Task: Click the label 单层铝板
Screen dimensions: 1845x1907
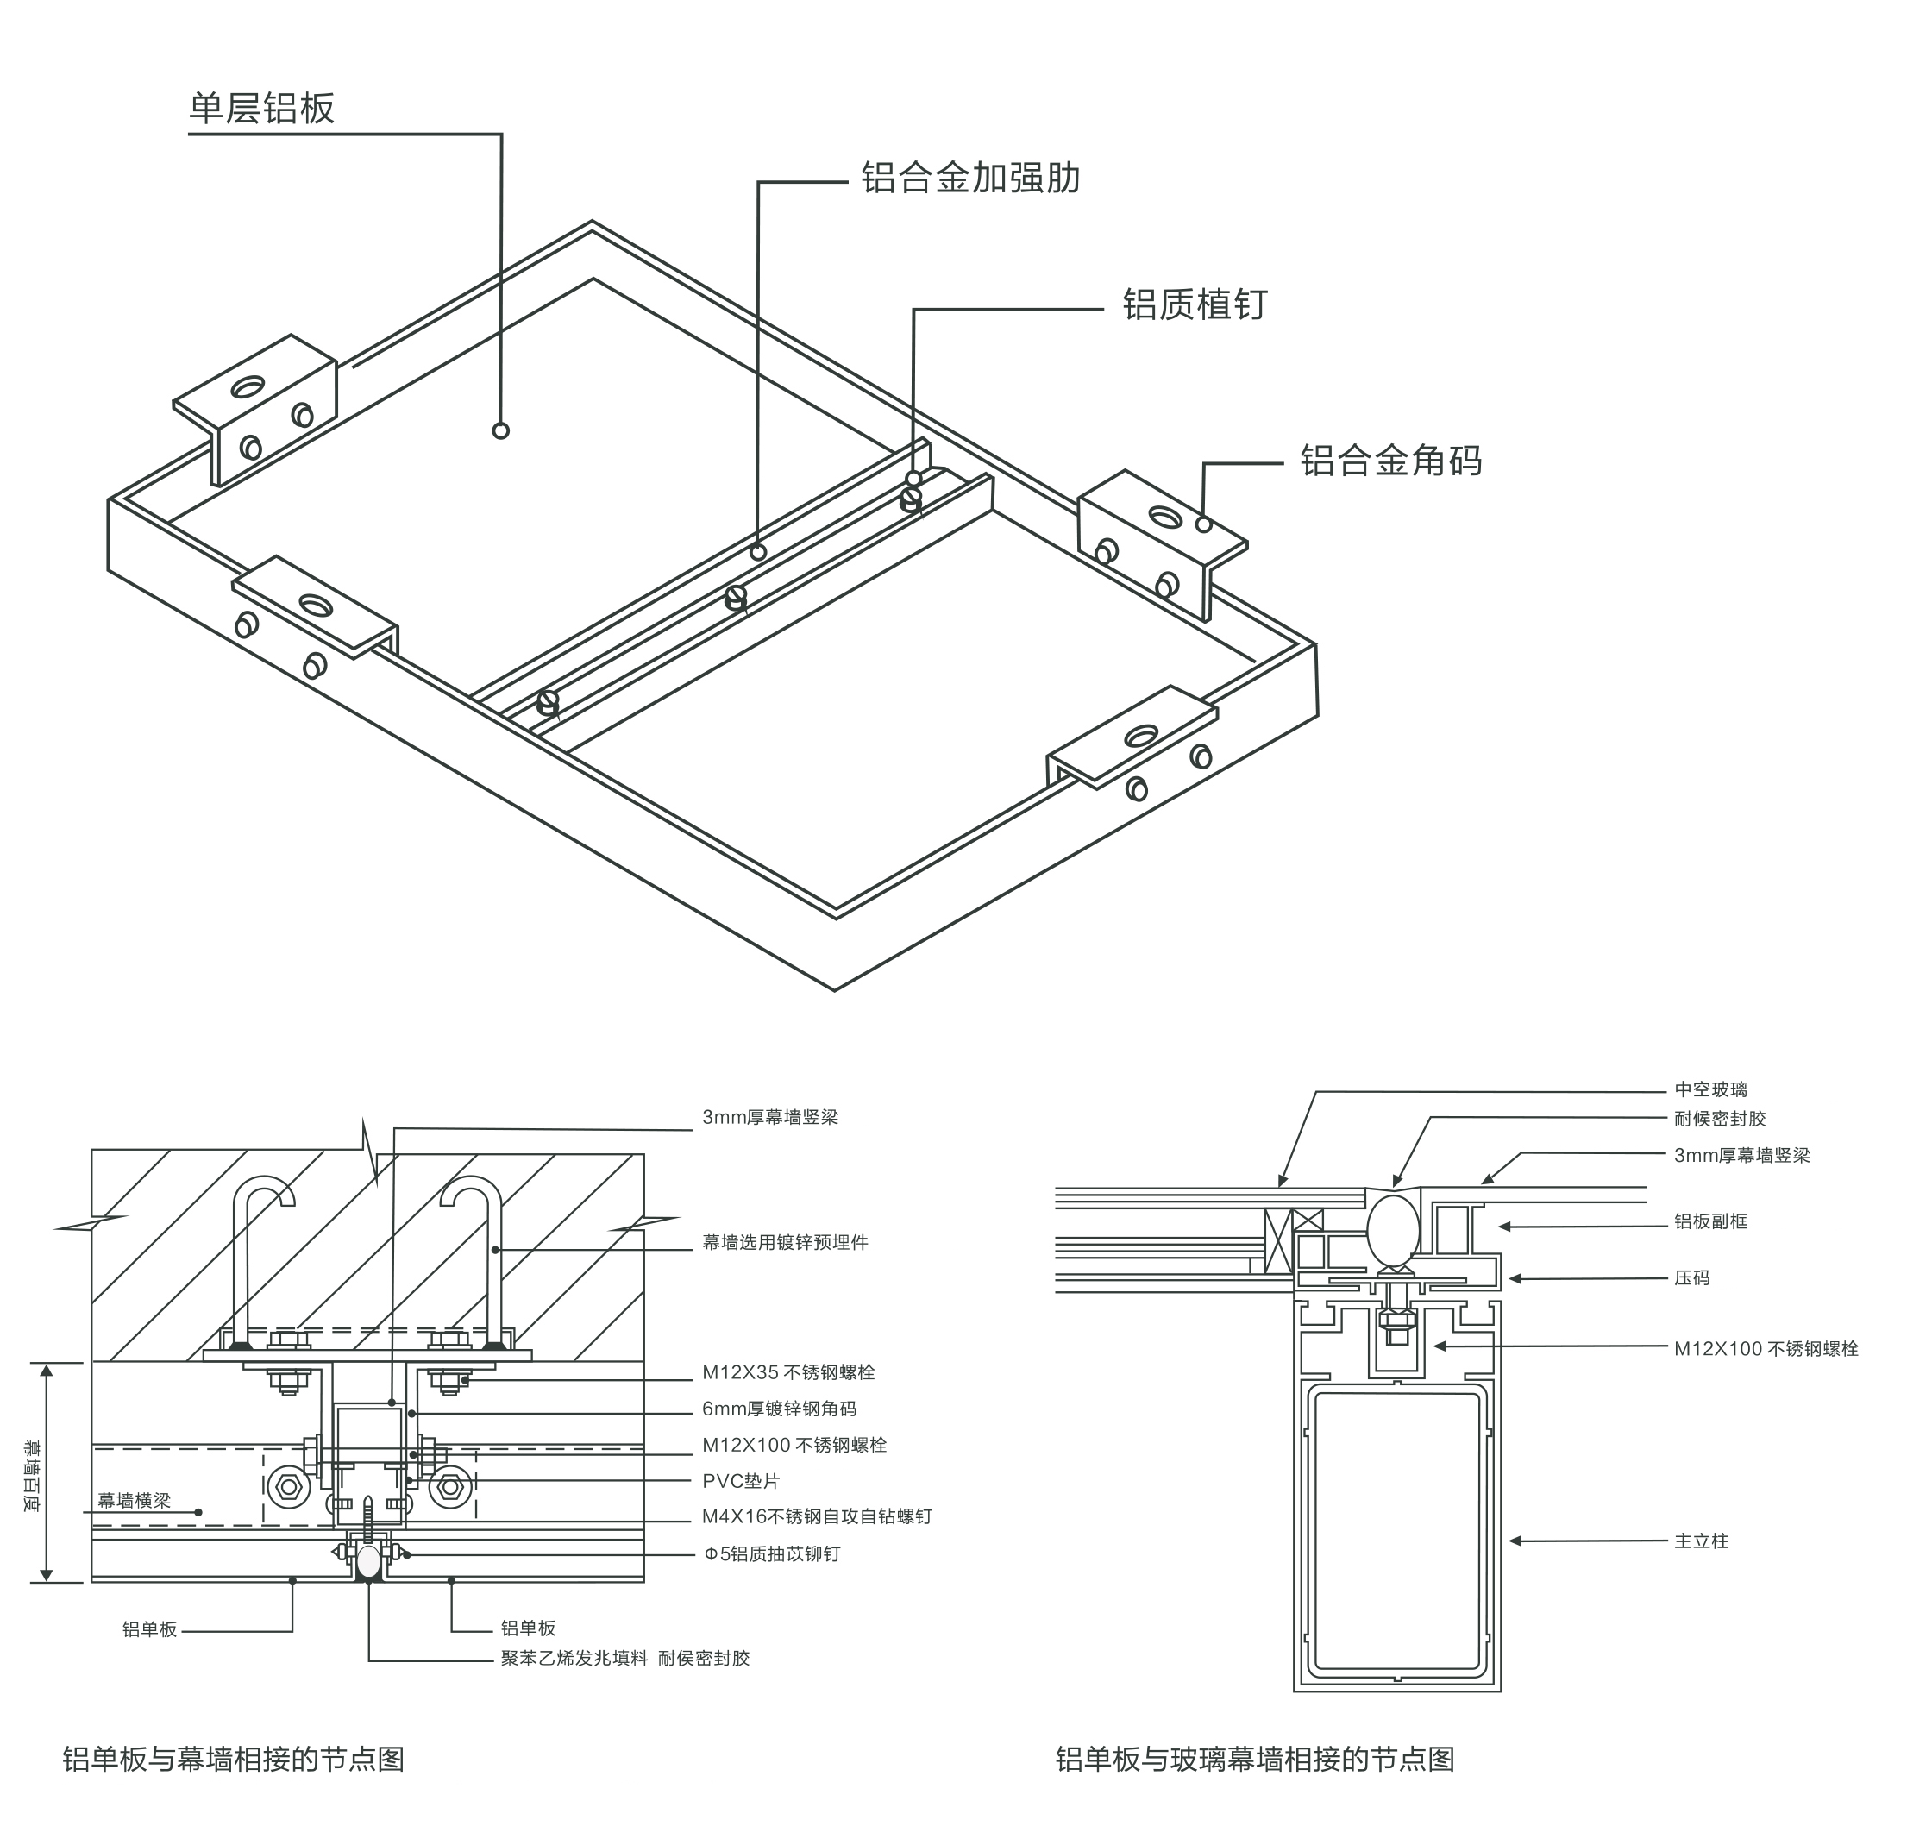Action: click(x=260, y=108)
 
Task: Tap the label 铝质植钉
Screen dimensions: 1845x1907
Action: click(x=1194, y=304)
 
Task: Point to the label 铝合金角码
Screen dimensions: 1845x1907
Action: click(x=1390, y=461)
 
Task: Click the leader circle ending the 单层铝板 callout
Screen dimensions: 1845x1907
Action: click(x=500, y=430)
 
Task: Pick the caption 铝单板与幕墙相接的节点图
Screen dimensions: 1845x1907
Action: click(x=234, y=1759)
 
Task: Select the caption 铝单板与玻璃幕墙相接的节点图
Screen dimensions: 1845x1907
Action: click(x=1254, y=1759)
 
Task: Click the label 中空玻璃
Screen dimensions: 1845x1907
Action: click(x=1709, y=1090)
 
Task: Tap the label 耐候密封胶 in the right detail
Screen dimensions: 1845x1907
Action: click(x=1719, y=1119)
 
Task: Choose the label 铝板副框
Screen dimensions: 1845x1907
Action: click(x=1709, y=1221)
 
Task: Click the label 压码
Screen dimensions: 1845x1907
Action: click(x=1691, y=1277)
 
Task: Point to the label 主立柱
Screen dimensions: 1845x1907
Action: click(x=1701, y=1541)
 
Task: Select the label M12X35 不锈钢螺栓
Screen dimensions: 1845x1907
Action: click(x=788, y=1372)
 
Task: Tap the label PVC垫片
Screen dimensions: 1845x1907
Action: click(x=742, y=1481)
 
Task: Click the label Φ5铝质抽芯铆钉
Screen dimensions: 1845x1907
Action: click(x=772, y=1554)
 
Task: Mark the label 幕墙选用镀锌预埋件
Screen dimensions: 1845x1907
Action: click(x=785, y=1243)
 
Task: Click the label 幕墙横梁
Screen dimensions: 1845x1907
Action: click(x=134, y=1501)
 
